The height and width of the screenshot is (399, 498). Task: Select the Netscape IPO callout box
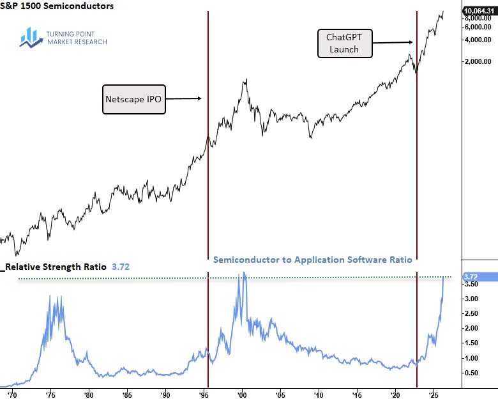[x=134, y=98]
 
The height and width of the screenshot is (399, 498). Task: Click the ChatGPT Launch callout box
[x=342, y=43]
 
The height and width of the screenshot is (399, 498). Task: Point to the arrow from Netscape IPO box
[x=185, y=98]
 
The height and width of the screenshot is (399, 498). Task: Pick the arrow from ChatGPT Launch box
[x=392, y=42]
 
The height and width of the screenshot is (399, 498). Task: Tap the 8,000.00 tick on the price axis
[x=478, y=19]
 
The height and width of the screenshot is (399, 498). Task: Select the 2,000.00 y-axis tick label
[x=478, y=62]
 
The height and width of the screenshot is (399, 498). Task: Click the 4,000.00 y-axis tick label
[x=478, y=40]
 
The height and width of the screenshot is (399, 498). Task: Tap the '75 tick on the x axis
[x=50, y=393]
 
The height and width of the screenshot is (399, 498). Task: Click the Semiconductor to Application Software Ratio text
[x=312, y=260]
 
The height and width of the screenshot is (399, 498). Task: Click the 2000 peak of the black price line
[x=245, y=79]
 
